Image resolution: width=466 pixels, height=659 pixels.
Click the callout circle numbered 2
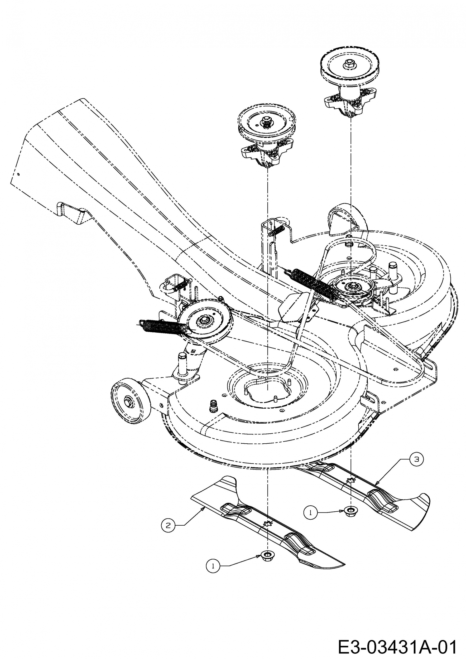pos(168,525)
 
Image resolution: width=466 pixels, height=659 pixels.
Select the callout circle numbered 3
pos(416,459)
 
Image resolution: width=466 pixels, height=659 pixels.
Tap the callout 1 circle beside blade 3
pos(310,512)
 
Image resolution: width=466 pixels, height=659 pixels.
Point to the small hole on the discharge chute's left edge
pos(19,174)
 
